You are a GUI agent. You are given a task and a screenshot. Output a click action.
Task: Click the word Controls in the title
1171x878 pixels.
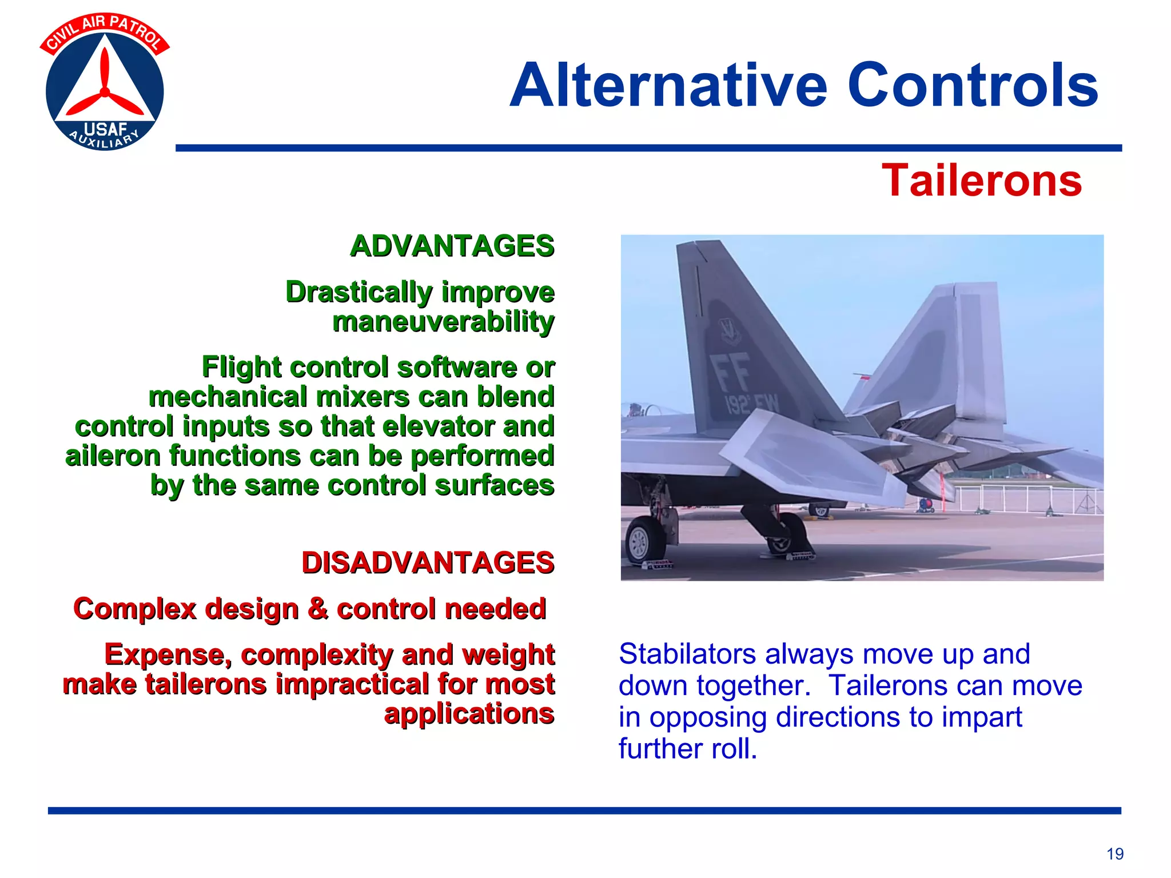point(972,86)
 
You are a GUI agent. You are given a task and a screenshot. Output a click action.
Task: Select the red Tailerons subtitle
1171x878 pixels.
point(981,181)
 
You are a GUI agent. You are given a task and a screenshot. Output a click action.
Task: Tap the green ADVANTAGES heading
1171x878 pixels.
point(452,246)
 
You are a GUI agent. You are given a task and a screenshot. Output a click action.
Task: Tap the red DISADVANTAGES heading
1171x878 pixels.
point(428,562)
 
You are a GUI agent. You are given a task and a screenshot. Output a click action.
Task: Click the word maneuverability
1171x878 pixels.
point(443,322)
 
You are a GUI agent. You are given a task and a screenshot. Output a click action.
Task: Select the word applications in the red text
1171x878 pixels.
point(469,714)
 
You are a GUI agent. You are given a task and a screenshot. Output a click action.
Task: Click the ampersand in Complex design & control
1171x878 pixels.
point(317,608)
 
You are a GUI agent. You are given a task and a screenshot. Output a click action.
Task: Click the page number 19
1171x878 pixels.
point(1114,854)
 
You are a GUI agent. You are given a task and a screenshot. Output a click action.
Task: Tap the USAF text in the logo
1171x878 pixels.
point(105,129)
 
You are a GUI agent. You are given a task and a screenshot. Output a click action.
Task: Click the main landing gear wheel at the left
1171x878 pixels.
point(644,540)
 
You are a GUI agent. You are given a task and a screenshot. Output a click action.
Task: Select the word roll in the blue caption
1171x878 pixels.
point(734,749)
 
